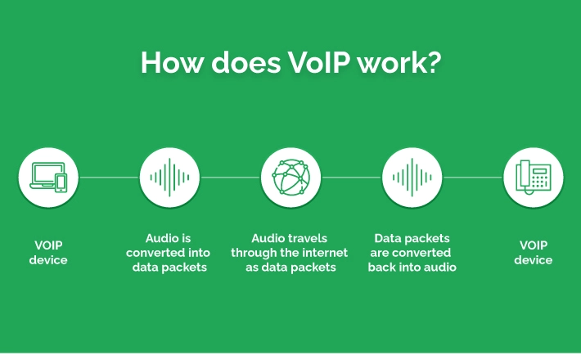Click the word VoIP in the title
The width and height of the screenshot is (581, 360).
tap(318, 62)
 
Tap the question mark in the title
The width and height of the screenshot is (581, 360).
tap(431, 62)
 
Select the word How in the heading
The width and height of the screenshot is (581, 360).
tap(172, 62)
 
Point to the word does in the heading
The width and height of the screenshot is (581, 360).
tap(245, 62)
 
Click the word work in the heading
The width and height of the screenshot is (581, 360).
tap(389, 62)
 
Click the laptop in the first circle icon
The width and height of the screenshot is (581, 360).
tap(45, 176)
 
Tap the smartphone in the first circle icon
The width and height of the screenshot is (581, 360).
tap(61, 182)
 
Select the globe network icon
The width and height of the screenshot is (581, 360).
tap(290, 177)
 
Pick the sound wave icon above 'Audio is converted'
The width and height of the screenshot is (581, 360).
tap(169, 178)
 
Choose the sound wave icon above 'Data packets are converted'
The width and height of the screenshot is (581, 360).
tap(412, 178)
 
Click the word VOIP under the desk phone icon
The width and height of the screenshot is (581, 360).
tap(534, 245)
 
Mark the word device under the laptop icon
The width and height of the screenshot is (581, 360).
tap(48, 259)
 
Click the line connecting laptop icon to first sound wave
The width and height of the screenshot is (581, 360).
tap(109, 178)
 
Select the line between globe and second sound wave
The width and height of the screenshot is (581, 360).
tap(351, 178)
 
